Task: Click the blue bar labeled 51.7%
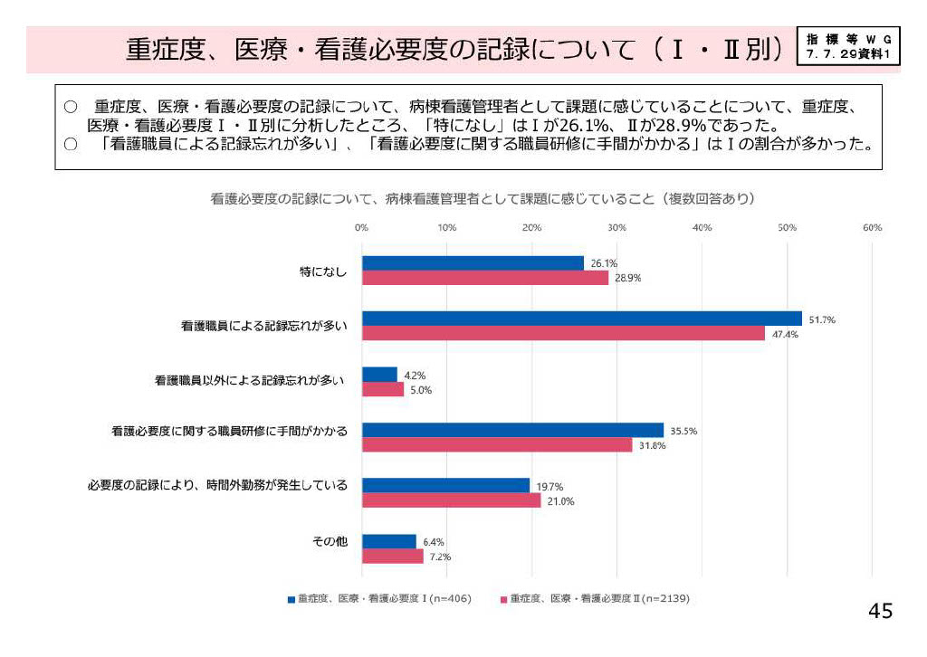pos(581,319)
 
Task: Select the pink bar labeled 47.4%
pos(563,333)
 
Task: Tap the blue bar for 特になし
pos(473,262)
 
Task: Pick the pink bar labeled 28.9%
pos(484,278)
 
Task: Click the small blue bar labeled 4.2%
pos(379,374)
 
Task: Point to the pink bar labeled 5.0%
pos(383,389)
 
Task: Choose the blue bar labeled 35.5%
pos(512,430)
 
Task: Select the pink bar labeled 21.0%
pos(451,500)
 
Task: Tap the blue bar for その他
pos(389,541)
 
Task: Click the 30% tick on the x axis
pos(617,227)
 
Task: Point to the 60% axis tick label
pos(872,227)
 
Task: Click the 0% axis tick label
pos(362,227)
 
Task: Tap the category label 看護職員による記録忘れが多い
pos(258,325)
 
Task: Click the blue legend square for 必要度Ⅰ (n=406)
pos(291,599)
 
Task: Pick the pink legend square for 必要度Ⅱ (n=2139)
pos(503,599)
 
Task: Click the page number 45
pos(880,612)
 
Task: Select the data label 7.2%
pos(440,557)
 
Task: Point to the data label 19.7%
pos(550,486)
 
